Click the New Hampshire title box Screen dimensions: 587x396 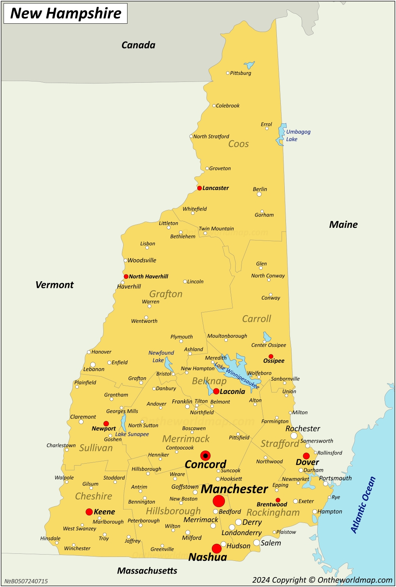[x=65, y=13]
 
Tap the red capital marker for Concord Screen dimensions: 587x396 [x=205, y=456]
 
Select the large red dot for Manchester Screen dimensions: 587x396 [x=219, y=501]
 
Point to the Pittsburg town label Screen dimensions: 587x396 [x=240, y=73]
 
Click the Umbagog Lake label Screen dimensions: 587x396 [x=298, y=135]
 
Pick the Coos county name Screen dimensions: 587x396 [x=238, y=144]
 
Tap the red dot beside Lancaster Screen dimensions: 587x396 [x=200, y=188]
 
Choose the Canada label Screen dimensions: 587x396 [x=138, y=45]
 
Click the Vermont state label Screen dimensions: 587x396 [x=55, y=285]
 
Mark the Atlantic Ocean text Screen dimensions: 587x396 [x=363, y=505]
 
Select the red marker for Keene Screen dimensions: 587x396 [x=89, y=512]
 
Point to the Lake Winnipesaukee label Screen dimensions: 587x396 [x=237, y=376]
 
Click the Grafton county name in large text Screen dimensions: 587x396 [x=166, y=294]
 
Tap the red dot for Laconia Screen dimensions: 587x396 [x=216, y=391]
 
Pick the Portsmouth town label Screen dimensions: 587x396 [x=335, y=478]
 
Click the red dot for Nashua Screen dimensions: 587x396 [x=217, y=548]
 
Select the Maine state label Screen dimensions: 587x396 [x=343, y=225]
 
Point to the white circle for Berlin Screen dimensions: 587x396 [x=259, y=194]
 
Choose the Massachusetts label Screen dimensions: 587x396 [x=147, y=570]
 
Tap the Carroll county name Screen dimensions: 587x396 [x=257, y=319]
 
